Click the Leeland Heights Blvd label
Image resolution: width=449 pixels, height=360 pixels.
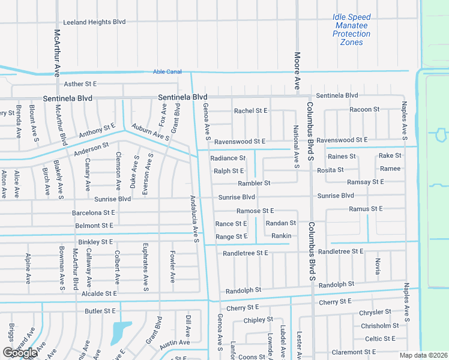(94, 22)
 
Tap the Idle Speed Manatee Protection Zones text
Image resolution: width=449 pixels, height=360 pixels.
(351, 30)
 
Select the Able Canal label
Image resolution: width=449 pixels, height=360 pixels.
(167, 72)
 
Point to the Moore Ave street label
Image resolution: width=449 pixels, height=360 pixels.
(297, 71)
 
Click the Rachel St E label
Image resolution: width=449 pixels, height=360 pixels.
(250, 111)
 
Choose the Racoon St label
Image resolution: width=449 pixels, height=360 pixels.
(364, 109)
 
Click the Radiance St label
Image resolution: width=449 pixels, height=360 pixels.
(228, 158)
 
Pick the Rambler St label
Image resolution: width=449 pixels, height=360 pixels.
(254, 183)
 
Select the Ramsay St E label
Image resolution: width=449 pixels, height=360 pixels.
(366, 181)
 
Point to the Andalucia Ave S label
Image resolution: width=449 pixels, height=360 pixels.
(194, 219)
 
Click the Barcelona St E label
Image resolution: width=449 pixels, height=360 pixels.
(93, 212)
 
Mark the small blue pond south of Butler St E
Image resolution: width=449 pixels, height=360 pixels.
(121, 331)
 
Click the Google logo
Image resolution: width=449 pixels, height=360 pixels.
(20, 353)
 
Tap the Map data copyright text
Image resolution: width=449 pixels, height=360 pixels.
(423, 355)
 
